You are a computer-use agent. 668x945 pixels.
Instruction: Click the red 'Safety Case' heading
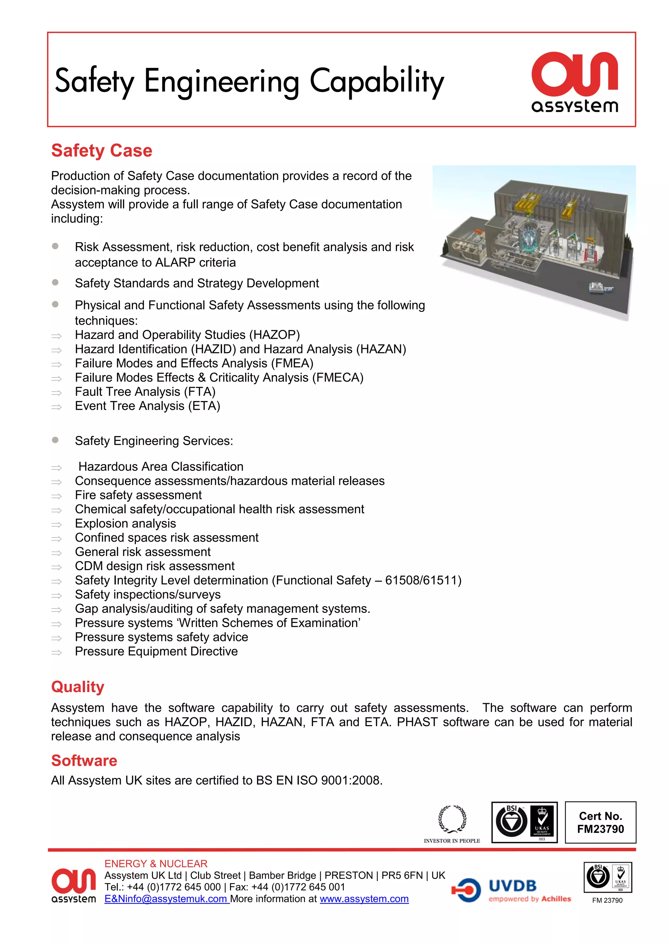pyautogui.click(x=101, y=151)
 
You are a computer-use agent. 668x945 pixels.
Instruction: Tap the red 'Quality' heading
pyautogui.click(x=78, y=687)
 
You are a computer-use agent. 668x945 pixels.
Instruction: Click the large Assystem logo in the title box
pyautogui.click(x=575, y=82)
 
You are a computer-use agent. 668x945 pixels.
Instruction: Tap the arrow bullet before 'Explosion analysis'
pyautogui.click(x=56, y=525)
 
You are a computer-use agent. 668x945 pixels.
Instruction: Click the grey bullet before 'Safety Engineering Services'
pyautogui.click(x=55, y=440)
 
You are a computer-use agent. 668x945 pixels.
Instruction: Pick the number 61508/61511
pyautogui.click(x=423, y=580)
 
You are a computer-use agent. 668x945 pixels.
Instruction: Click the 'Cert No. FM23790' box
pyautogui.click(x=600, y=822)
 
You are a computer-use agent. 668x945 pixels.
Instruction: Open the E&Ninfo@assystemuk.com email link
pyautogui.click(x=166, y=899)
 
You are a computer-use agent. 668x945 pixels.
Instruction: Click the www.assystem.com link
pyautogui.click(x=364, y=899)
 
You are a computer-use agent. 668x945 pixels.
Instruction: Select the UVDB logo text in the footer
pyautogui.click(x=512, y=885)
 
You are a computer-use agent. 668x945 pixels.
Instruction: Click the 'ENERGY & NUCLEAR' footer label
pyautogui.click(x=156, y=863)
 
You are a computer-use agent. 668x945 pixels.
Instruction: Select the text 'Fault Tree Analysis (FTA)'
pyautogui.click(x=145, y=392)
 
